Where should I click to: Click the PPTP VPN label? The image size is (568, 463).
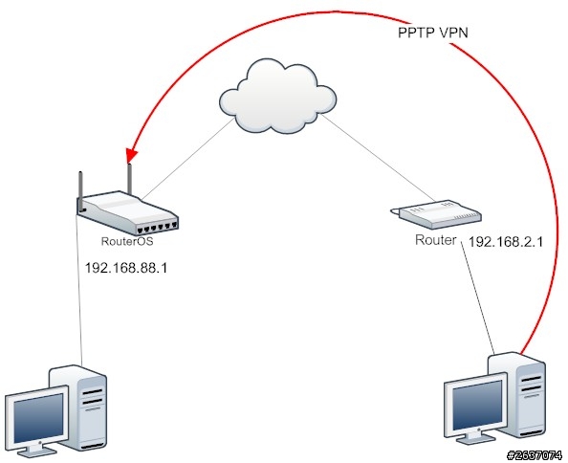pos(433,33)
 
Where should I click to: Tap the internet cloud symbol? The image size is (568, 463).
pos(278,97)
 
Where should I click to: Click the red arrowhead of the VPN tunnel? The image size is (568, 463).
pos(131,156)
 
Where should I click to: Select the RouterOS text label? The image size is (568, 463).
pos(127,241)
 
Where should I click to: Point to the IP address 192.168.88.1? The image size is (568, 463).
pos(125,268)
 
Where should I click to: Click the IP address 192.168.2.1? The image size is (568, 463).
pos(506,242)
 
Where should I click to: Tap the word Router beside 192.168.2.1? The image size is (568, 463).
pos(436,240)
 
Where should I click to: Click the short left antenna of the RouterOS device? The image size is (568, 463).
pos(81,186)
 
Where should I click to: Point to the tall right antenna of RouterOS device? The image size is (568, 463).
pos(129,179)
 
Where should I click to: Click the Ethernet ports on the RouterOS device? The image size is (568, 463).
pos(157,229)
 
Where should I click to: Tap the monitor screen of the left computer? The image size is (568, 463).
pos(38,416)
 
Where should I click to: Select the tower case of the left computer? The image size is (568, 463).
pos(78,407)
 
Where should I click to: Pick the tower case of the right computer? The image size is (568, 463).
pos(516,393)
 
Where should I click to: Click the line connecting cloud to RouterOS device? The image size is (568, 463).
pos(186,158)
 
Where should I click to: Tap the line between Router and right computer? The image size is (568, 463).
pos(478,298)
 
